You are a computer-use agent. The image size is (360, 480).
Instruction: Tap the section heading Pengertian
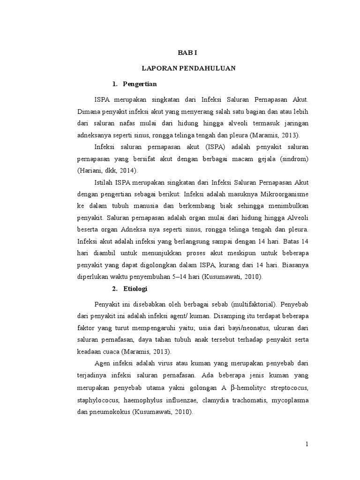coord(140,84)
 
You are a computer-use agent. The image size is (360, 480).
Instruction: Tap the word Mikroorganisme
coord(285,194)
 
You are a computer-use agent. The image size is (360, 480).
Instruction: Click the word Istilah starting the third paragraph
coord(104,182)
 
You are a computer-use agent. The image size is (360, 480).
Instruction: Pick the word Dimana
coord(88,112)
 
